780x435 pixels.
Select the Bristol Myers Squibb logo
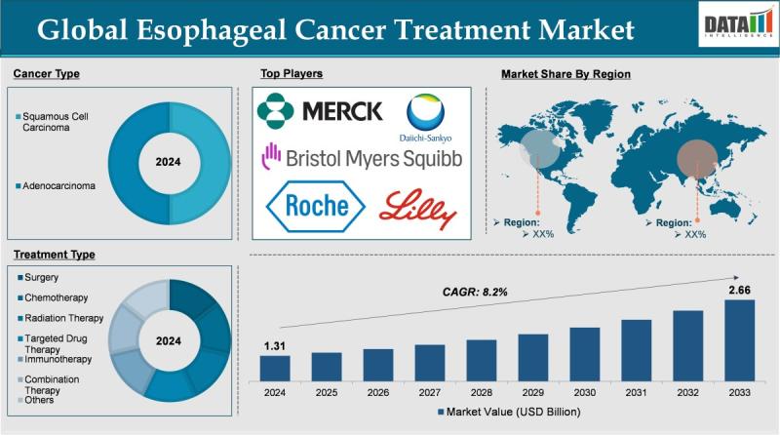pos(361,156)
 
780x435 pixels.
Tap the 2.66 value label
pos(739,289)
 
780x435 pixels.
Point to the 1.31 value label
pos(275,344)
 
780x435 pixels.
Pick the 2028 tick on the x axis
pos(482,392)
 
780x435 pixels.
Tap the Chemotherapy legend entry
pos(57,297)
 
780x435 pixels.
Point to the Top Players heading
pos(292,73)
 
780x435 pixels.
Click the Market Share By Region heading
pos(565,74)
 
